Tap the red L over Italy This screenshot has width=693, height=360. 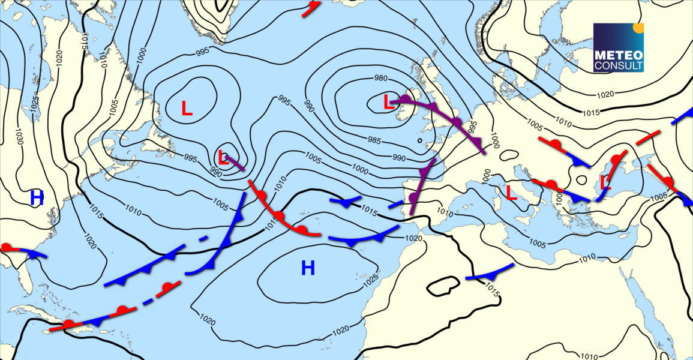[512, 193]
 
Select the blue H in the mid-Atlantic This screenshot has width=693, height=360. [308, 268]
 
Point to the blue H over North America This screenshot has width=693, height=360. [37, 197]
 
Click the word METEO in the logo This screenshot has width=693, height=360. [618, 54]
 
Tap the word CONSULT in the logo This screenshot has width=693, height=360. [618, 65]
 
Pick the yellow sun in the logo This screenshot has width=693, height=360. [638, 28]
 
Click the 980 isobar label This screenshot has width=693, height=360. [380, 79]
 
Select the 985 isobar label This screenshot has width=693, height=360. [374, 140]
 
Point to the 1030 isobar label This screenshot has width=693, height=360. [20, 137]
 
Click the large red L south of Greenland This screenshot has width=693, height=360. [187, 108]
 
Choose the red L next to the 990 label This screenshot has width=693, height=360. [223, 158]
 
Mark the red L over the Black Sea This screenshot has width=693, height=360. [605, 182]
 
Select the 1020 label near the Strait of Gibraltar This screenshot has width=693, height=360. [415, 238]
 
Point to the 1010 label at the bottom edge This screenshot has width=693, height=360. [590, 356]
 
